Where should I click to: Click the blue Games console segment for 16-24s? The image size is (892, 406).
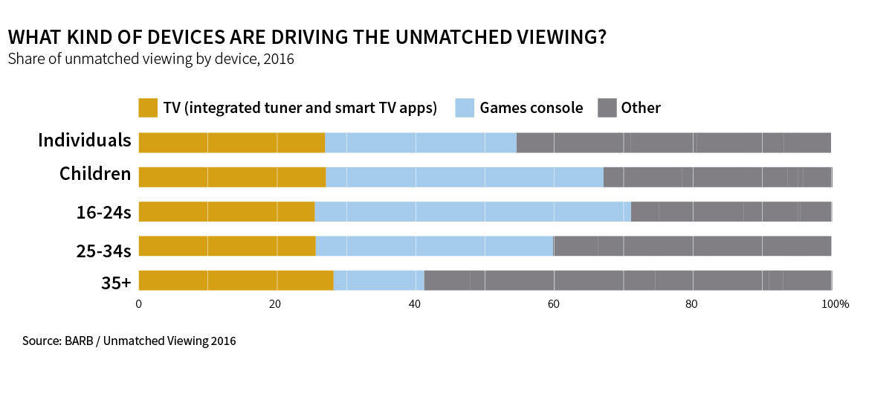(473, 211)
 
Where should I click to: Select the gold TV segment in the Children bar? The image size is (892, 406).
(232, 176)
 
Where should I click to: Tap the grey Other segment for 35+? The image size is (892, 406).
(627, 280)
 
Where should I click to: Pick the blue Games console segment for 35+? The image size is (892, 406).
(378, 280)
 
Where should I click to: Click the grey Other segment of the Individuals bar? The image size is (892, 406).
(673, 142)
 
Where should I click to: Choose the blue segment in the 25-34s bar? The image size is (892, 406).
(434, 246)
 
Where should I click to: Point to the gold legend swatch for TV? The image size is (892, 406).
(149, 108)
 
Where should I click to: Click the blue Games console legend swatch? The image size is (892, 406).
(464, 108)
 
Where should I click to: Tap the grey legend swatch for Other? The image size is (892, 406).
(607, 108)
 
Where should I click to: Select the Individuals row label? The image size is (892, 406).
(85, 141)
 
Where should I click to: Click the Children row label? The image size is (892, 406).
(95, 175)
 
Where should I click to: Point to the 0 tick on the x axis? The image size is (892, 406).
(139, 303)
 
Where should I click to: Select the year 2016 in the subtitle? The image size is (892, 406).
(279, 59)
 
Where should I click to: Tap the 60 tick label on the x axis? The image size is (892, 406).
(554, 303)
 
